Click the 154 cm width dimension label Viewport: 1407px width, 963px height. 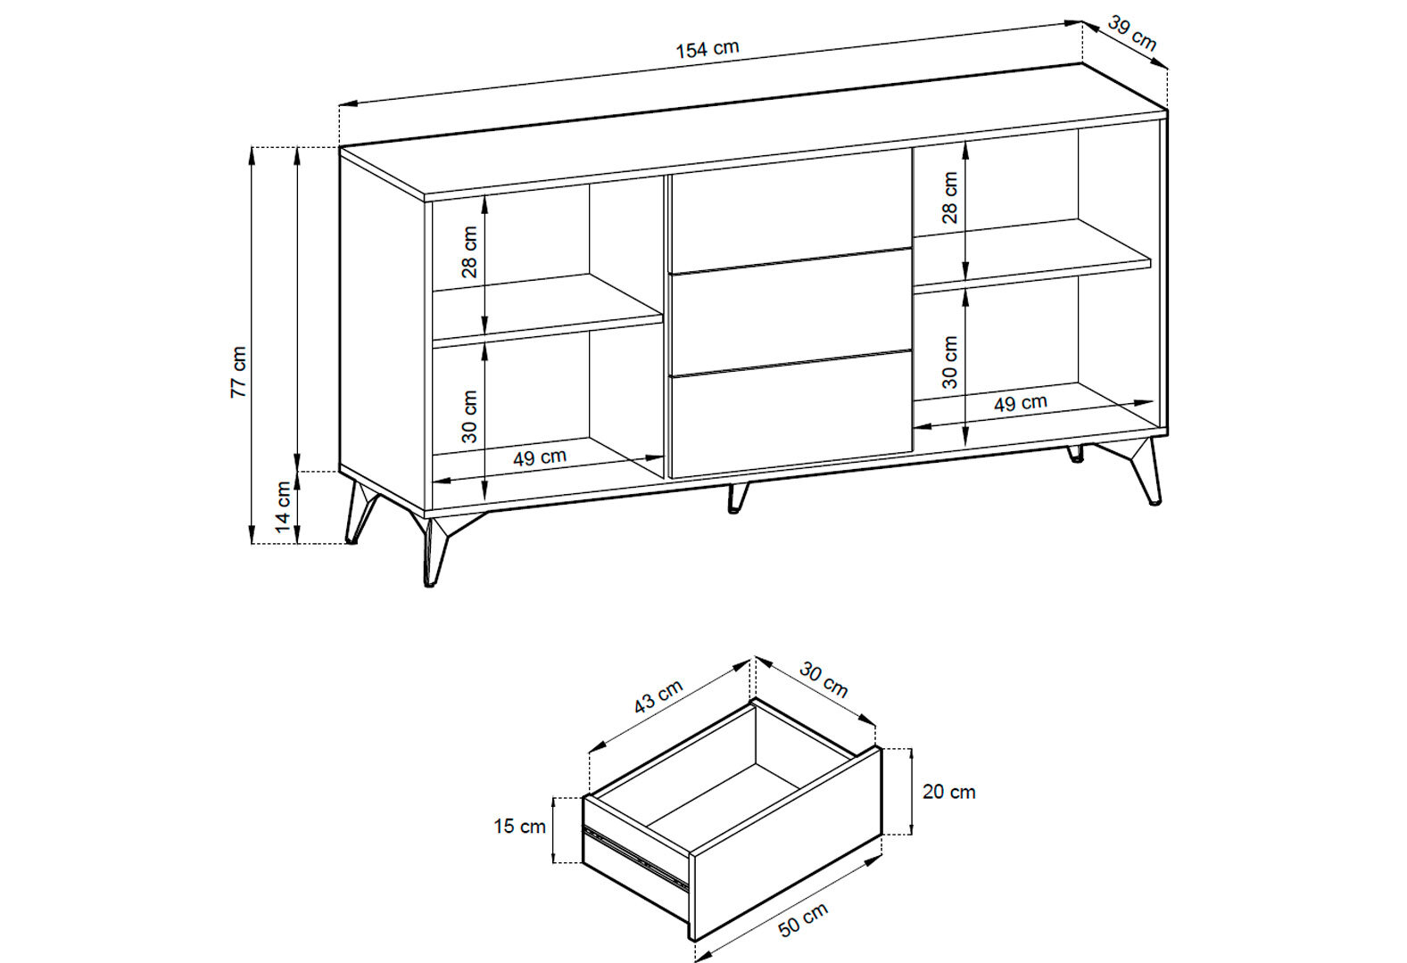(708, 49)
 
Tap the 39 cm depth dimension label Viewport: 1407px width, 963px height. (1132, 33)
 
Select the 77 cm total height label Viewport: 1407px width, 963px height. (239, 372)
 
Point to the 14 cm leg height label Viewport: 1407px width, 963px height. (284, 507)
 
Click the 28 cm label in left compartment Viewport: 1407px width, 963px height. (469, 251)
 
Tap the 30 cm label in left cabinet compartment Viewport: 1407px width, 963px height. (469, 416)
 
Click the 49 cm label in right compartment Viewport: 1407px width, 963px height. (1021, 403)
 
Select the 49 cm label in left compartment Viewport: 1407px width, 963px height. (540, 457)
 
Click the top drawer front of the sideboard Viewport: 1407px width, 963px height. (791, 211)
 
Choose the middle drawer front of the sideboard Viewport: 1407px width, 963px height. (791, 312)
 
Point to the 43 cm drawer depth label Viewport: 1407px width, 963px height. (658, 696)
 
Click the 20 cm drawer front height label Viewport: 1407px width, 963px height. (948, 792)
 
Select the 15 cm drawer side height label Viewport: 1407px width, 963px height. (519, 827)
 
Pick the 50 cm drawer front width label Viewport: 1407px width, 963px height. (803, 919)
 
